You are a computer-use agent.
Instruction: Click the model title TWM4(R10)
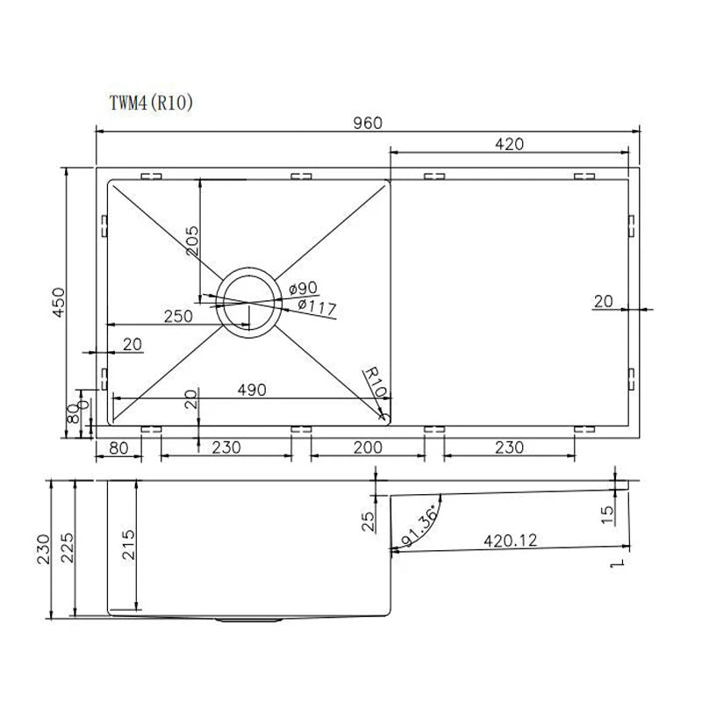pyautogui.click(x=146, y=102)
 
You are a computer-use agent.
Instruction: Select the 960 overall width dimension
pyautogui.click(x=369, y=123)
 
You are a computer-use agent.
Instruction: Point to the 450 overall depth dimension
pyautogui.click(x=58, y=303)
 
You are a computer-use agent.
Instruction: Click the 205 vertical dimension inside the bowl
pyautogui.click(x=192, y=240)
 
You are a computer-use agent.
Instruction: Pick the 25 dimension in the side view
pyautogui.click(x=369, y=523)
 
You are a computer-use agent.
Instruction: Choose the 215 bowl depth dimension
pyautogui.click(x=129, y=546)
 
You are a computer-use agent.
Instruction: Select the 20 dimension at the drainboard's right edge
pyautogui.click(x=603, y=302)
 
